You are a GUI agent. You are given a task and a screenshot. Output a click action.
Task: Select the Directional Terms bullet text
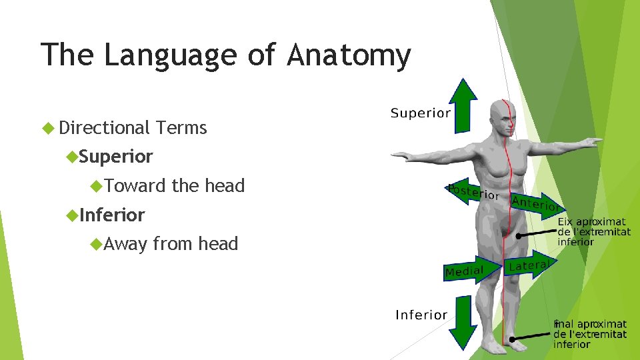133,127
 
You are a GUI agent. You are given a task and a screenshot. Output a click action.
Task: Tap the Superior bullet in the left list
116,157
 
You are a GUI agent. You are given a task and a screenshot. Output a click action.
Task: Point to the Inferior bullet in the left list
112,215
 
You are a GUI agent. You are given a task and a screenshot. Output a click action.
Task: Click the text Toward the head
175,185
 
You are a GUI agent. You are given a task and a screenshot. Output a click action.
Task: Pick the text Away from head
171,244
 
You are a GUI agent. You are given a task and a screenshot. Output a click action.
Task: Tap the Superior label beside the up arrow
420,113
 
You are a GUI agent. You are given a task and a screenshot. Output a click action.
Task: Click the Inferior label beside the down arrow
421,315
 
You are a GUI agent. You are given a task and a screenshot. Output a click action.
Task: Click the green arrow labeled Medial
473,271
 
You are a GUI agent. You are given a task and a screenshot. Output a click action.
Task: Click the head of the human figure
503,117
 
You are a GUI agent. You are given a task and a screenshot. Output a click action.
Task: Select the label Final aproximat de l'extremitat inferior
589,334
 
